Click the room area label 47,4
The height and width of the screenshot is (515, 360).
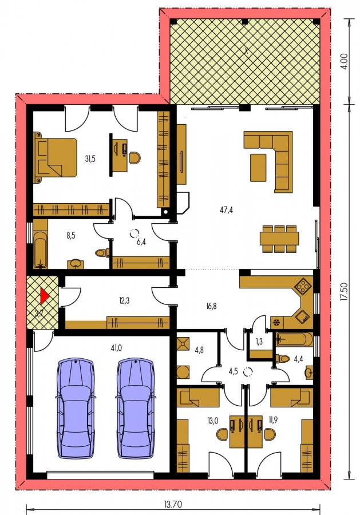pos(226,209)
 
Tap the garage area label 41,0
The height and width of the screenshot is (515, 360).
pos(116,348)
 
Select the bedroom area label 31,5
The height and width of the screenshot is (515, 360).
pos(90,159)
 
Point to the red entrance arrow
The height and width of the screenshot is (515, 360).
pos(44,296)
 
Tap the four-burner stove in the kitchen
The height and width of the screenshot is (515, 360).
pos(303,287)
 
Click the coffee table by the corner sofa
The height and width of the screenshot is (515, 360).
pos(258,168)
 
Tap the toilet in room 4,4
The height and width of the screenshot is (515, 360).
pos(282,359)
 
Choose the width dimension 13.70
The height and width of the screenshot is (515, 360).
pos(173,504)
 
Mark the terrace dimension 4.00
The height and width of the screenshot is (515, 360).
pos(344,61)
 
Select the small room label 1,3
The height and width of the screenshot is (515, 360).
pos(259,342)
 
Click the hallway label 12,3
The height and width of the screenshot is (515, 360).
pos(124,300)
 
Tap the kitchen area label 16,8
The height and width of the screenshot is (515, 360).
pos(212,307)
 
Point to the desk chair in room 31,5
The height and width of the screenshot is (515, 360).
pos(134,158)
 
